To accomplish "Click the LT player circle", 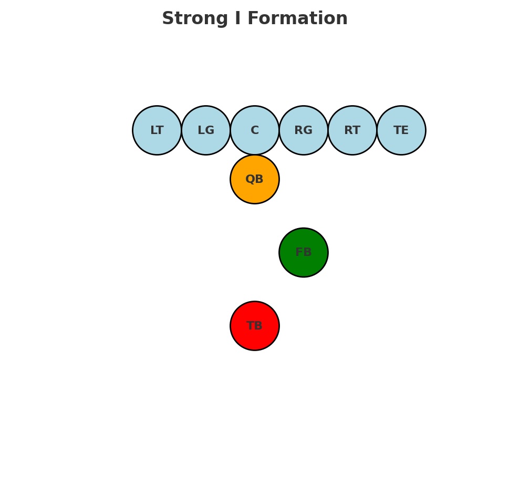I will pyautogui.click(x=157, y=130).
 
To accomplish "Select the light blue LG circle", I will pyautogui.click(x=206, y=130).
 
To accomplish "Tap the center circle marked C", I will pyautogui.click(x=255, y=130).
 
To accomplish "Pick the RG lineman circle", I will pyautogui.click(x=304, y=130).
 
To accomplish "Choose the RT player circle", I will pyautogui.click(x=352, y=130).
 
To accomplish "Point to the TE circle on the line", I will pyautogui.click(x=401, y=130).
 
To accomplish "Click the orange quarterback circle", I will pyautogui.click(x=255, y=179).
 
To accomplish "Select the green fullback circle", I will pyautogui.click(x=304, y=252).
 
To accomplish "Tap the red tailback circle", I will pyautogui.click(x=255, y=326).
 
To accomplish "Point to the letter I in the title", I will pyautogui.click(x=238, y=19).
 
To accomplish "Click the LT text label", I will pyautogui.click(x=157, y=130).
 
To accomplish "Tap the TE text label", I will pyautogui.click(x=401, y=130).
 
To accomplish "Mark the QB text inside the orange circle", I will pyautogui.click(x=255, y=179).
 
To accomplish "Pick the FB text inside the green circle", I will pyautogui.click(x=304, y=252).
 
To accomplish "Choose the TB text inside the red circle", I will pyautogui.click(x=255, y=326).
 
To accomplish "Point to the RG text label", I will pyautogui.click(x=304, y=130).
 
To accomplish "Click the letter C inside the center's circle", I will pyautogui.click(x=255, y=130).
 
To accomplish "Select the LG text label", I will pyautogui.click(x=206, y=130).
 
